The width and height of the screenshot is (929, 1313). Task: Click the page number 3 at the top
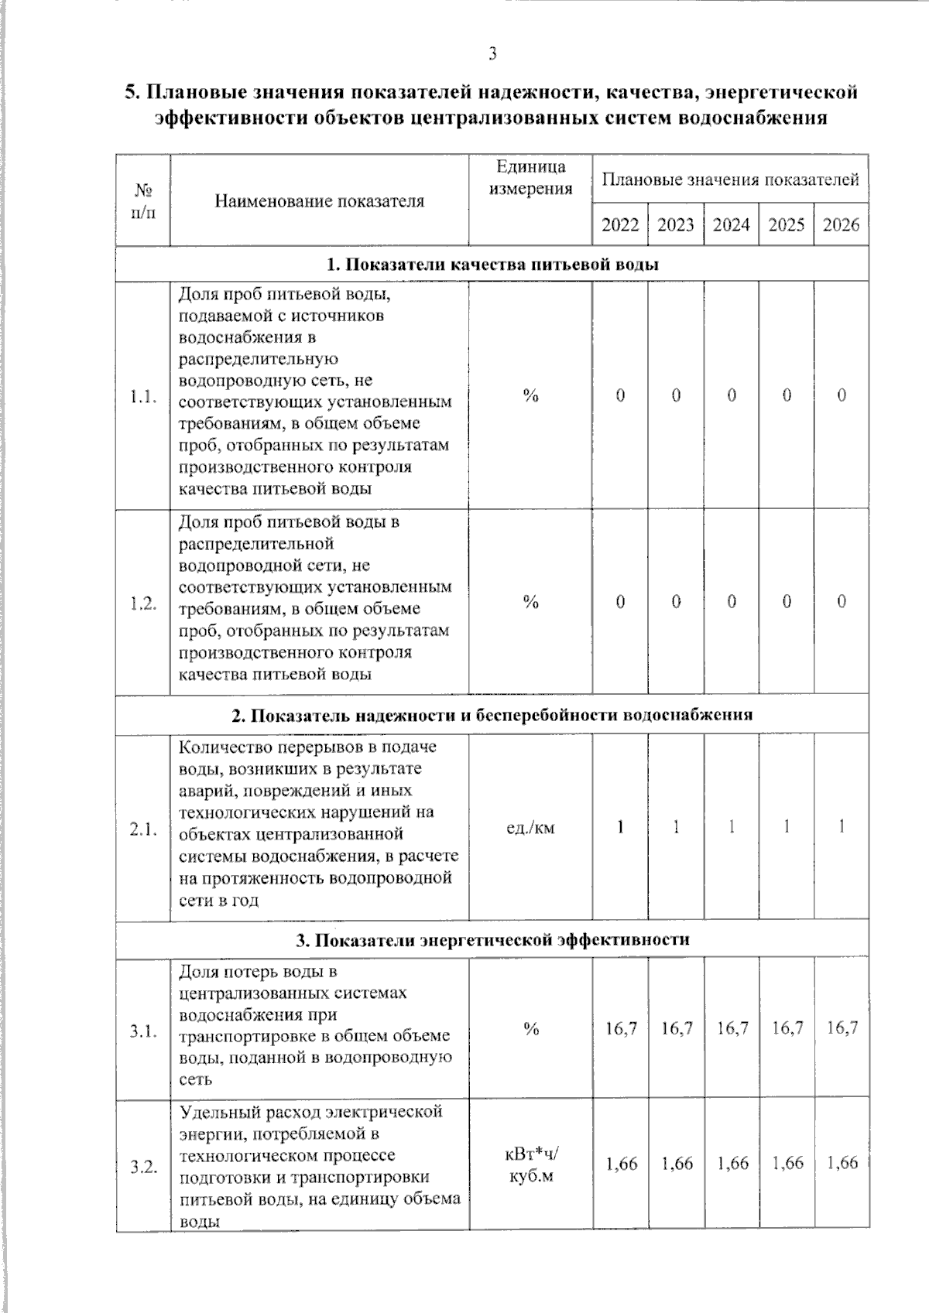pyautogui.click(x=492, y=53)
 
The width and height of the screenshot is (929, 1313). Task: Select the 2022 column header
pyautogui.click(x=620, y=225)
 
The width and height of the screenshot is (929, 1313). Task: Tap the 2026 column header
pyautogui.click(x=841, y=225)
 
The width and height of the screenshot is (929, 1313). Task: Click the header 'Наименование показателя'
pyautogui.click(x=319, y=201)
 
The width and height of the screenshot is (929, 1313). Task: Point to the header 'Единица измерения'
pyautogui.click(x=530, y=178)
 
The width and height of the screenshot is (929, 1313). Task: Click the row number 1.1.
pyautogui.click(x=143, y=397)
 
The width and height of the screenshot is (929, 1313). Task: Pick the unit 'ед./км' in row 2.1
pyautogui.click(x=530, y=828)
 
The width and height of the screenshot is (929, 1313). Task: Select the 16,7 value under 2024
pyautogui.click(x=732, y=1028)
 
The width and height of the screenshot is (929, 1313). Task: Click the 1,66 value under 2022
pyautogui.click(x=621, y=1163)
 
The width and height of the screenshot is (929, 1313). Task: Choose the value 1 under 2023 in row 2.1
pyautogui.click(x=676, y=827)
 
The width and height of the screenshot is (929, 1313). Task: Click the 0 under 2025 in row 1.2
pyautogui.click(x=787, y=602)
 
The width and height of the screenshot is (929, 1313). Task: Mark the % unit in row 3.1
pyautogui.click(x=530, y=1029)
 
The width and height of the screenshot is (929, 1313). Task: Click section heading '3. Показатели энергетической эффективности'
pyautogui.click(x=492, y=940)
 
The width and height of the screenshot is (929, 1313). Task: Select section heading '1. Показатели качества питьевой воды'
pyautogui.click(x=492, y=265)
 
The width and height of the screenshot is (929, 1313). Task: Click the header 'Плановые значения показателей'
pyautogui.click(x=730, y=180)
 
